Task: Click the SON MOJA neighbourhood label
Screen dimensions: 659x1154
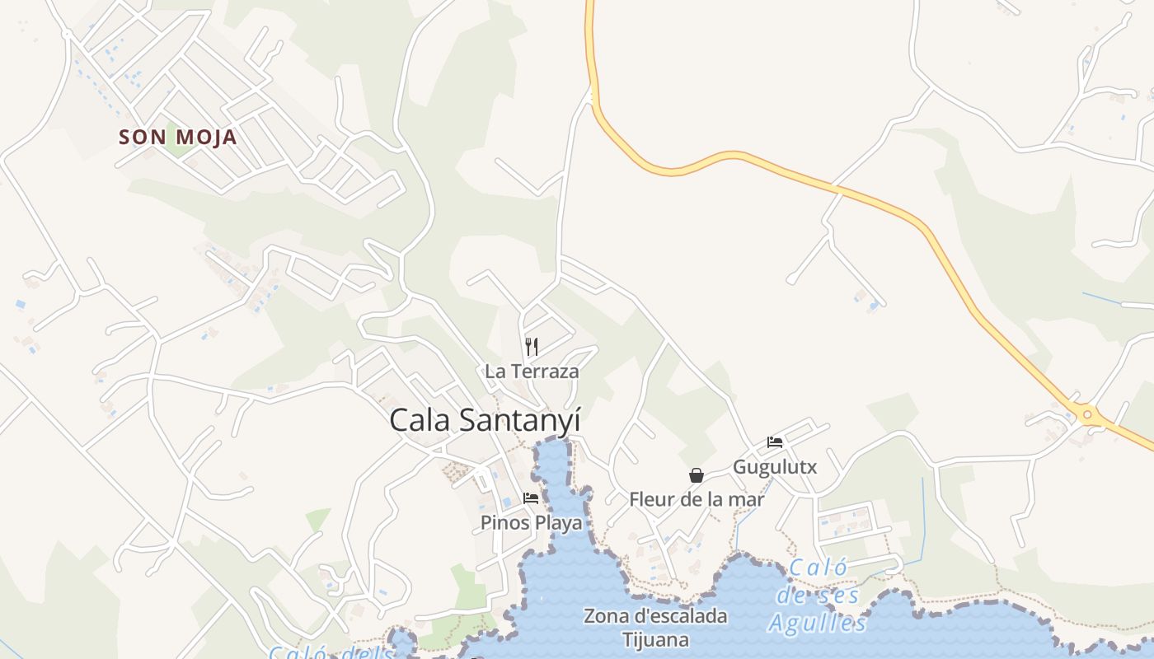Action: [178, 137]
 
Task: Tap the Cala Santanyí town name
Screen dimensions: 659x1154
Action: [485, 420]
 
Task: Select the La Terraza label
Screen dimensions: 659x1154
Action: [532, 372]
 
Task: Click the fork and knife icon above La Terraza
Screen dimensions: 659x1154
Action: [532, 347]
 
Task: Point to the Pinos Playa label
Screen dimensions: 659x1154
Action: [531, 523]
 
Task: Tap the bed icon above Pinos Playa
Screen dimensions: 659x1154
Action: [531, 498]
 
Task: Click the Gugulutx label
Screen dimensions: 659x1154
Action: [775, 467]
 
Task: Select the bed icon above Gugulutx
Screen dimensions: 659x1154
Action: [775, 442]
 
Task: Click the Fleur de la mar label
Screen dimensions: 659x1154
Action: [697, 499]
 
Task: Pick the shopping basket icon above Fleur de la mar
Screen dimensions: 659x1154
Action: [697, 475]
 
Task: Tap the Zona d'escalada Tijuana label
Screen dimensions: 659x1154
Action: [655, 627]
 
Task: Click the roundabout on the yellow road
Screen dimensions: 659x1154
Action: [1087, 414]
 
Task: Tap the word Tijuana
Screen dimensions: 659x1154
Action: [655, 639]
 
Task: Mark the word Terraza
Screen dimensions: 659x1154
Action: [544, 372]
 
